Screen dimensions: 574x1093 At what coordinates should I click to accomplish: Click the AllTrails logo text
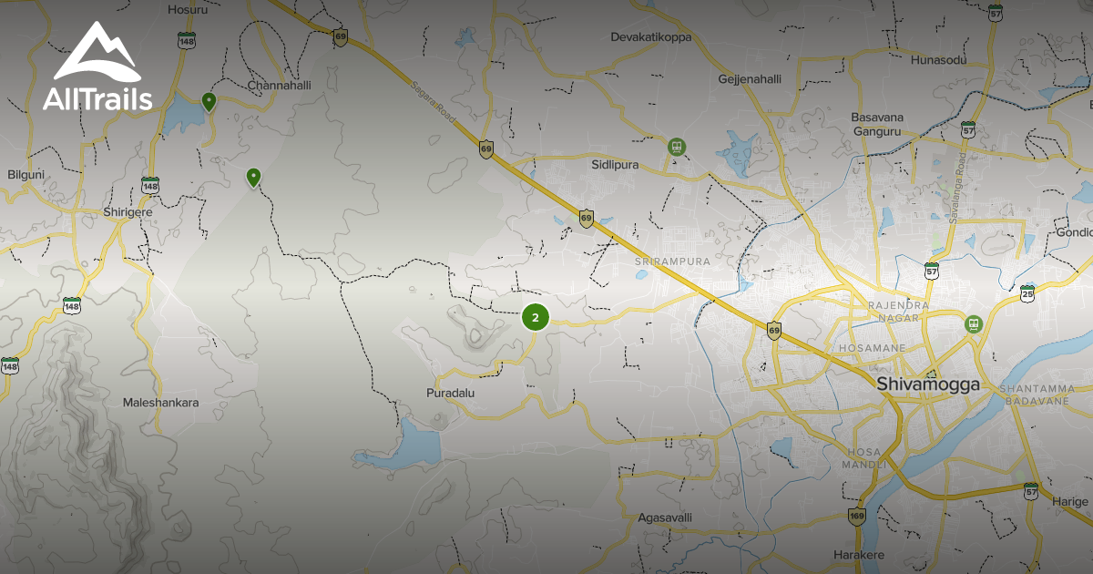click(x=97, y=98)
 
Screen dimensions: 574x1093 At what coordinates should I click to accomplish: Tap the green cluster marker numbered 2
click(x=536, y=317)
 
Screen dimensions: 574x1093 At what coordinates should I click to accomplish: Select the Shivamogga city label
click(x=928, y=384)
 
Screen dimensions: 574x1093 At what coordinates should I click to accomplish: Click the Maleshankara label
click(x=161, y=402)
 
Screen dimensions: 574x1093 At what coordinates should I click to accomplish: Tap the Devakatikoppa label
click(x=650, y=37)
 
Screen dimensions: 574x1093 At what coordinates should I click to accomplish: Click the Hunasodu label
click(x=938, y=60)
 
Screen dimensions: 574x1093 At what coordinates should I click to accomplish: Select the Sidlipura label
click(x=616, y=166)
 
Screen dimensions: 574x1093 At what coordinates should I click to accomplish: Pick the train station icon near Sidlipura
click(x=677, y=146)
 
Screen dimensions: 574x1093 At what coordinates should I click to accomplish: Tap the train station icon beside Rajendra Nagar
click(x=974, y=323)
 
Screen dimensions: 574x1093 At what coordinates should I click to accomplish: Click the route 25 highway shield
click(x=1027, y=292)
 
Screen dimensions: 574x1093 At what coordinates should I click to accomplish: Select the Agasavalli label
click(x=665, y=517)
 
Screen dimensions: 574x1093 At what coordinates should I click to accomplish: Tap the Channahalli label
click(x=280, y=85)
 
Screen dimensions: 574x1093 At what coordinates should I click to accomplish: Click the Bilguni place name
click(x=26, y=173)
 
